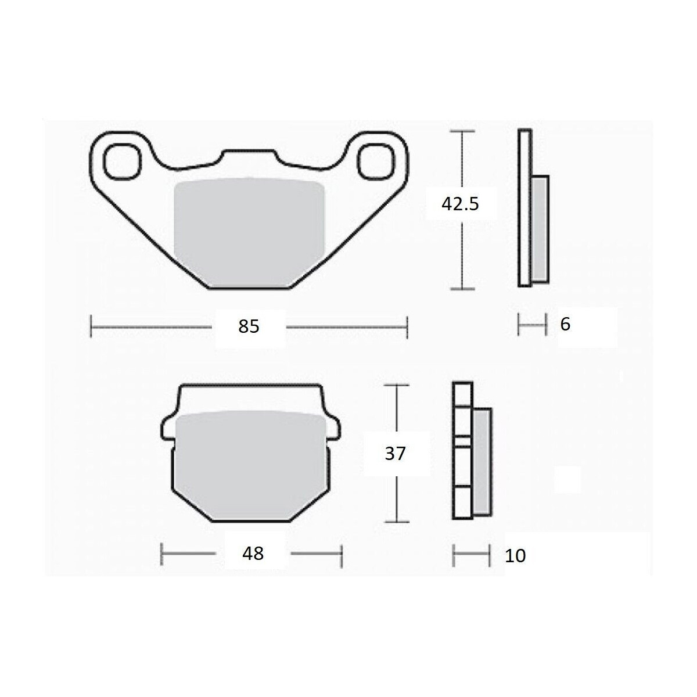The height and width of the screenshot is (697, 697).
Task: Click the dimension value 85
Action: pyautogui.click(x=249, y=326)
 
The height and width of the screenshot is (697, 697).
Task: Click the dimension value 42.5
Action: pyautogui.click(x=460, y=204)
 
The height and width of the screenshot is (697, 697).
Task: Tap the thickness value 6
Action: pyautogui.click(x=565, y=324)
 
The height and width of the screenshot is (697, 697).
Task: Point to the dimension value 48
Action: pyautogui.click(x=253, y=553)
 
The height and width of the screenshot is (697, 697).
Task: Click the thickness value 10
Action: pyautogui.click(x=515, y=556)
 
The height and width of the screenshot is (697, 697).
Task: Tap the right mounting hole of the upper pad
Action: pyautogui.click(x=375, y=161)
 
